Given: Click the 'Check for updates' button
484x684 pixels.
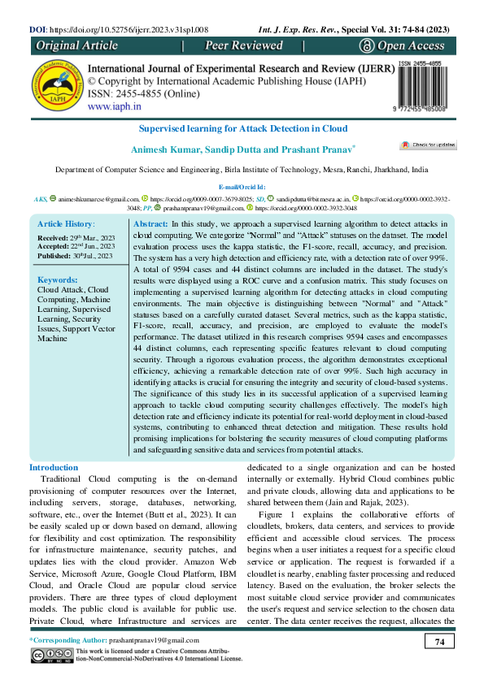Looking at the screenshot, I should [428, 145].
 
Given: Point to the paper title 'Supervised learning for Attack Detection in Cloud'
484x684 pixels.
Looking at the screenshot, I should [242, 128].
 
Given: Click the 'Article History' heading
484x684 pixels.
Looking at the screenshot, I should [66, 223].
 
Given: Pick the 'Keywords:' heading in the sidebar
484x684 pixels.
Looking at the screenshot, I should [58, 279].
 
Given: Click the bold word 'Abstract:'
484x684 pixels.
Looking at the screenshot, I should [150, 223].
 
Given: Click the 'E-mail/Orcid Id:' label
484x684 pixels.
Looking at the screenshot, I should [242, 187].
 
